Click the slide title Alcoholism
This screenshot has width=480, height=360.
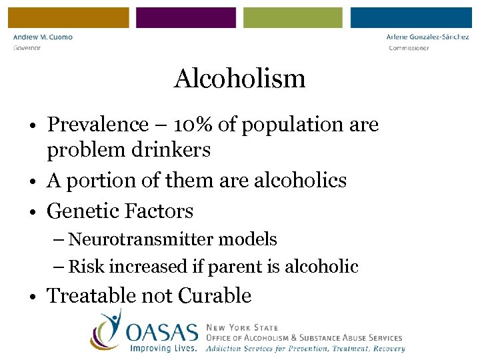point(239,79)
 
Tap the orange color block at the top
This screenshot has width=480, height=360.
point(69,17)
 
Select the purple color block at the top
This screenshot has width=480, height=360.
point(186,17)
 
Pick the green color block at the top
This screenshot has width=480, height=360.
point(293,17)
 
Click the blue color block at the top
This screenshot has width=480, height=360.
point(411,17)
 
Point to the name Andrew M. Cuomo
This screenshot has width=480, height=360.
point(43,37)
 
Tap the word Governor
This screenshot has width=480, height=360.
point(27,48)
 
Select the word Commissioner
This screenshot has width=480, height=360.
point(409,48)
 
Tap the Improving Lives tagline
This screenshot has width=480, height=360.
point(163,347)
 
